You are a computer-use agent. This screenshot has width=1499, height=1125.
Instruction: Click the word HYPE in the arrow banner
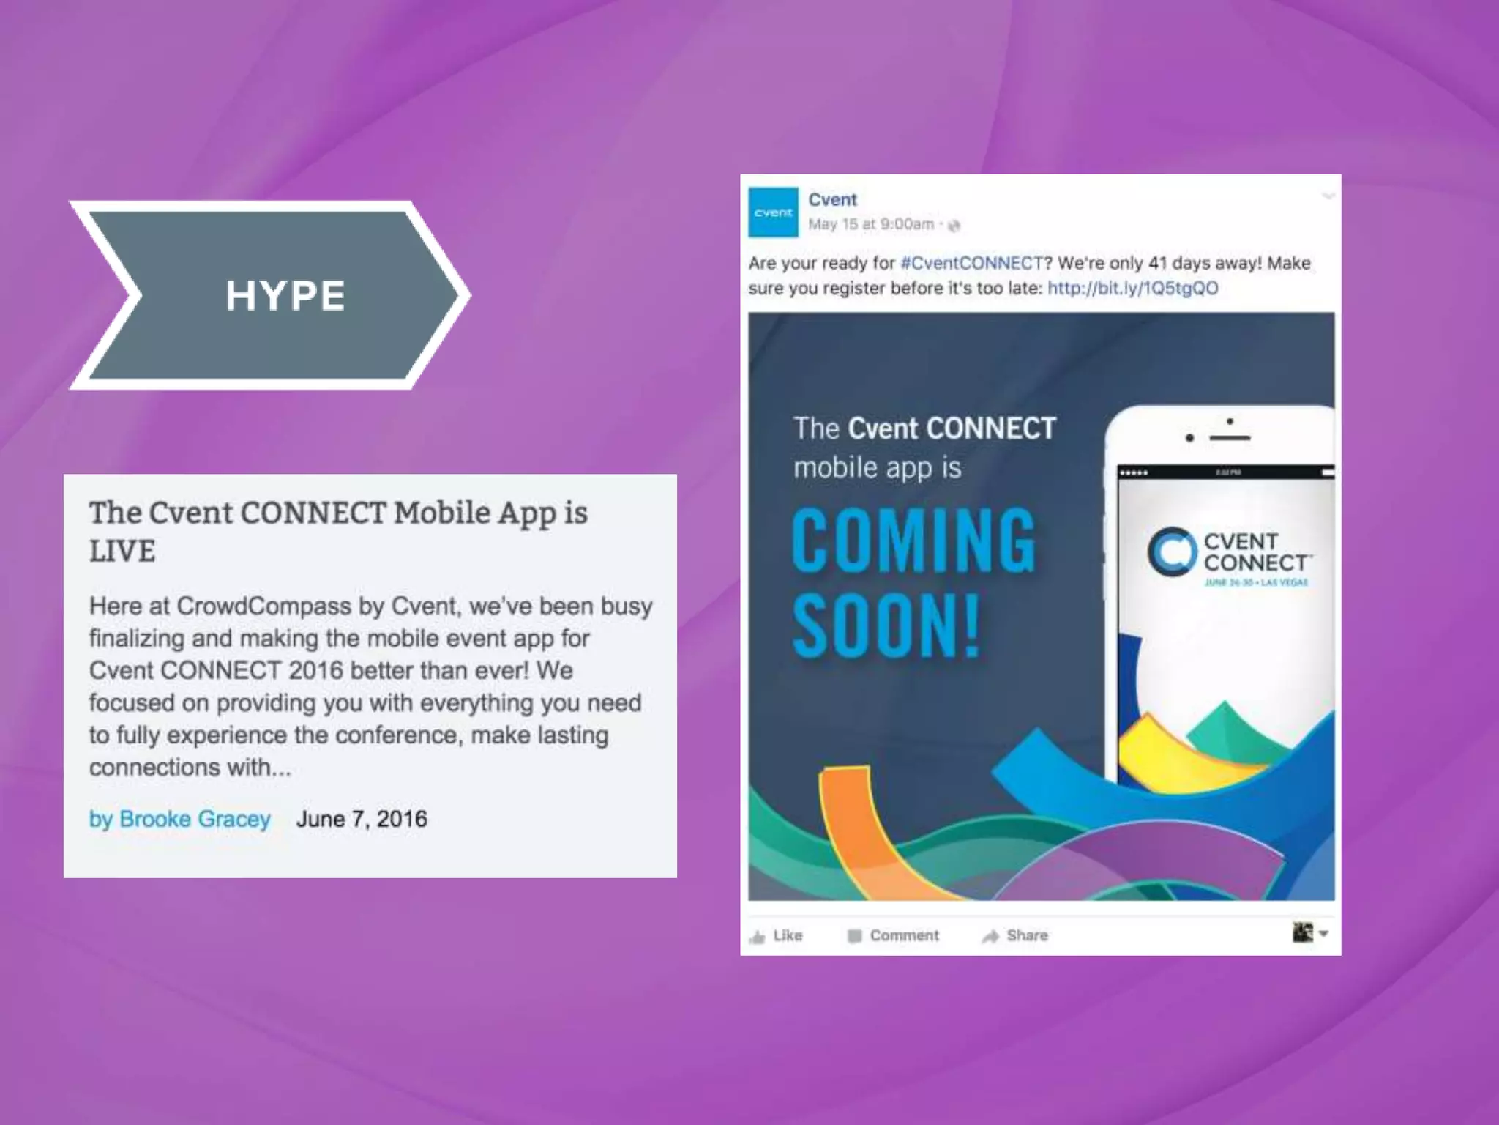285,295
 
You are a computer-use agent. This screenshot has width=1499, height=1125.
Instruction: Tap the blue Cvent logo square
773,212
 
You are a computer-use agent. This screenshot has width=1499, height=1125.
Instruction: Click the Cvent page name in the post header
832,200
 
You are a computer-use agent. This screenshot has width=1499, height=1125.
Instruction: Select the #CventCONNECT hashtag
972,263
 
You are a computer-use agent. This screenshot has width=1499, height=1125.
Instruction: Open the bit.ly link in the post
1133,288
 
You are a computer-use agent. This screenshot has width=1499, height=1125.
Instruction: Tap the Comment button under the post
894,935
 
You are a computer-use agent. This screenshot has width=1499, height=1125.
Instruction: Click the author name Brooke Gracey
195,819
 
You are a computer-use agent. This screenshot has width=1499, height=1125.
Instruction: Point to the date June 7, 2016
362,819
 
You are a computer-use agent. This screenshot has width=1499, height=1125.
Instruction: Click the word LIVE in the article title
122,551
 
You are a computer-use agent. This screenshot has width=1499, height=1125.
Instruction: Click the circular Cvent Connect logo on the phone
1172,552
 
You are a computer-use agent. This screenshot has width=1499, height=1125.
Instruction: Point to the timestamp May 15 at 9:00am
871,224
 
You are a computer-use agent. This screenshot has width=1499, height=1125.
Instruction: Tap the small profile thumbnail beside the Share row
1302,932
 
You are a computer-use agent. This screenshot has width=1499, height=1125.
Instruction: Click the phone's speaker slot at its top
1230,437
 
